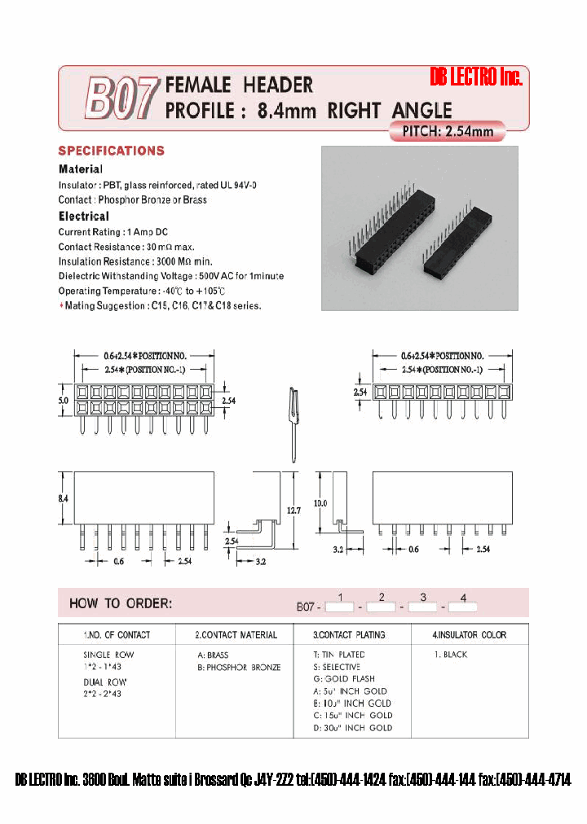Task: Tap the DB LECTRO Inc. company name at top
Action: tap(474, 77)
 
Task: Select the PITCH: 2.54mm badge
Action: tap(448, 131)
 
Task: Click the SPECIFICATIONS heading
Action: tap(111, 151)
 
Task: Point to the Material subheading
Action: tap(80, 169)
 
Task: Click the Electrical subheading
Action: tap(83, 217)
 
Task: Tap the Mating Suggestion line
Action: tap(161, 306)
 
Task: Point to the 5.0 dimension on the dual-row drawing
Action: tap(63, 401)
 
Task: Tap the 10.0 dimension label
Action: tap(320, 503)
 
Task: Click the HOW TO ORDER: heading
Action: tap(121, 603)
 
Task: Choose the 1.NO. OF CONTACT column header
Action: tap(117, 635)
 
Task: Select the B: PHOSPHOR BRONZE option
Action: tap(239, 668)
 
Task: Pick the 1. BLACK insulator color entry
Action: tap(450, 655)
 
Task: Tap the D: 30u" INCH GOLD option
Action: tap(352, 728)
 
